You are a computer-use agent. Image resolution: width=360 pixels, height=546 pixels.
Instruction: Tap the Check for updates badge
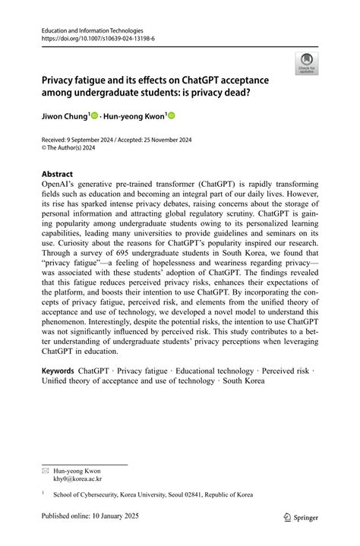308,63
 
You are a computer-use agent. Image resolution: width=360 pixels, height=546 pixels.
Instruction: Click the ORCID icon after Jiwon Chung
95,116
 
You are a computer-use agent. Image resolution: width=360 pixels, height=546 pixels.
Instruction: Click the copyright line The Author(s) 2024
76,150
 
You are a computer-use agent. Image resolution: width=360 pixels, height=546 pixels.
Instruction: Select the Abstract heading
57,173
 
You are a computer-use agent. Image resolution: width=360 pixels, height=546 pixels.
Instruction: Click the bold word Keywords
58,370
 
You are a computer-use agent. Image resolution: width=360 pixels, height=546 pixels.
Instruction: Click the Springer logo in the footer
302,516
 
